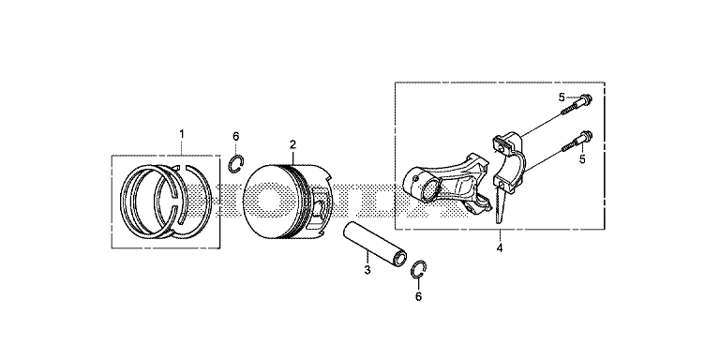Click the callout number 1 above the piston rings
[181, 134]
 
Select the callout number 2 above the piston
[292, 144]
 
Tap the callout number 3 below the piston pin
[367, 270]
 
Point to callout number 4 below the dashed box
[500, 247]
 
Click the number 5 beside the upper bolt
[562, 97]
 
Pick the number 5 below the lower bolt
[582, 159]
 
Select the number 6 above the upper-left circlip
[235, 136]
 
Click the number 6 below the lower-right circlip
[418, 296]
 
